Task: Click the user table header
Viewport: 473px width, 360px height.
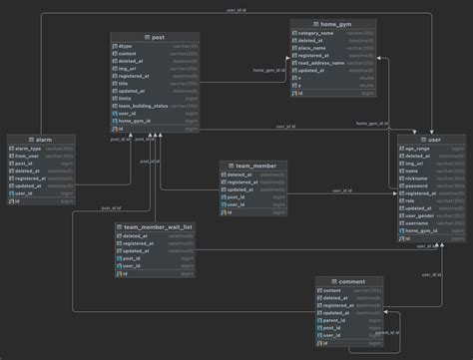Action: pos(433,141)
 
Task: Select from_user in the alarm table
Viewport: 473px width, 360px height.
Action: pos(31,157)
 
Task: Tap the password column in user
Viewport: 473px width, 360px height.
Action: pos(416,185)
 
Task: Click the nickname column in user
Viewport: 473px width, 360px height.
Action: pos(416,178)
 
